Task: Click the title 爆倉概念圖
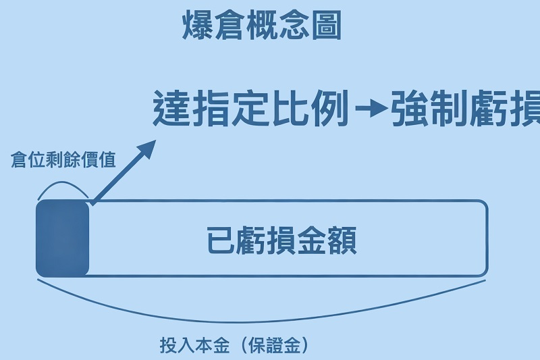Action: pos(263,26)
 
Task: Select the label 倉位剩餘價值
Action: pos(63,161)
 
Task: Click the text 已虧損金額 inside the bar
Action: pos(281,240)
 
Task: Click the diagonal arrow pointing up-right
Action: pos(122,173)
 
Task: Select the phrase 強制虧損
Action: pos(466,108)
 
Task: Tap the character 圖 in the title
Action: pos(327,26)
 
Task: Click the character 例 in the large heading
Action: pos(331,108)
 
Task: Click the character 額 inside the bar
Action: pos(342,240)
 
